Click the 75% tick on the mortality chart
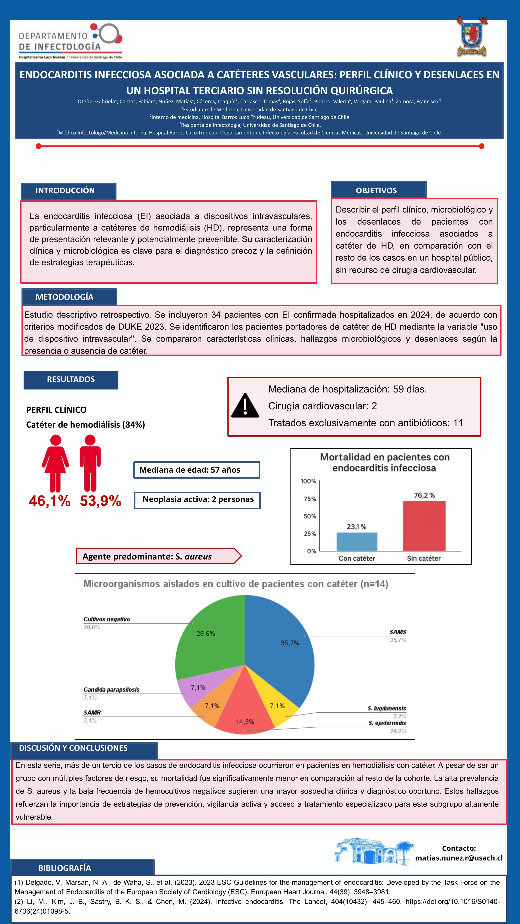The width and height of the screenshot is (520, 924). [x=310, y=499]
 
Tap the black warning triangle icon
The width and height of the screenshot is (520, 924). [x=245, y=406]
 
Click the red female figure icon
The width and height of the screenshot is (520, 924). [x=55, y=463]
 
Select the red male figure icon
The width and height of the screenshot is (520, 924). [x=90, y=463]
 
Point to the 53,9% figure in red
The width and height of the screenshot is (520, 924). [x=101, y=501]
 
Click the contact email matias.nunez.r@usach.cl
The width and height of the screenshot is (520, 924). [x=459, y=858]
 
